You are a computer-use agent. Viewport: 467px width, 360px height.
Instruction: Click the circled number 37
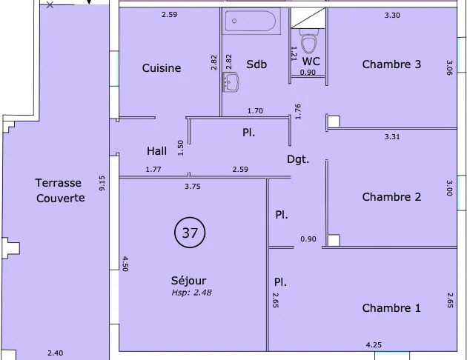click(x=190, y=233)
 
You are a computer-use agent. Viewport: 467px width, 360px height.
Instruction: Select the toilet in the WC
click(x=308, y=41)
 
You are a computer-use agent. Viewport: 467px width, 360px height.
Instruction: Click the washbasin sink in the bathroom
click(x=231, y=81)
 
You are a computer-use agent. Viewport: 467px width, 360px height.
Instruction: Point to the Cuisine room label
click(x=162, y=68)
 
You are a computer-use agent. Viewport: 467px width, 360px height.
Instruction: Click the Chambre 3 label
click(x=391, y=64)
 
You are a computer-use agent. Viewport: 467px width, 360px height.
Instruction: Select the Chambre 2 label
click(x=391, y=197)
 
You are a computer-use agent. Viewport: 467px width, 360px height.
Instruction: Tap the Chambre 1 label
click(x=391, y=308)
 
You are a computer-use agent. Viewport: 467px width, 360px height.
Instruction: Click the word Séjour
click(x=188, y=280)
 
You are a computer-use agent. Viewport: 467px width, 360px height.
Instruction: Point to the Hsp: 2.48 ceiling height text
click(x=191, y=293)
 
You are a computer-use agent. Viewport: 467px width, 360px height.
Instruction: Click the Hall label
click(x=156, y=151)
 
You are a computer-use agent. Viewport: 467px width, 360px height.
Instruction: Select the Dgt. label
click(x=298, y=159)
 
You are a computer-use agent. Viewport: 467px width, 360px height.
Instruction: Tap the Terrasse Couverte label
click(x=60, y=190)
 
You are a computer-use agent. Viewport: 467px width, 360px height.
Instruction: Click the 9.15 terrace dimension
click(x=102, y=183)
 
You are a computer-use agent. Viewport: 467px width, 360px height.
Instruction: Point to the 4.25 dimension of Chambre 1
click(x=374, y=345)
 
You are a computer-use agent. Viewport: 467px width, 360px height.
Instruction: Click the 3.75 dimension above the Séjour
click(x=193, y=187)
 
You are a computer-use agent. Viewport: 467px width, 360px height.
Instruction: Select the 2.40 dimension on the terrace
click(x=56, y=353)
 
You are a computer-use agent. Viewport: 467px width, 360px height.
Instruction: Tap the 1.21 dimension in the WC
click(x=294, y=53)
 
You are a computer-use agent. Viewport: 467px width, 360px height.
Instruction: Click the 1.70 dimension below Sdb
click(x=255, y=111)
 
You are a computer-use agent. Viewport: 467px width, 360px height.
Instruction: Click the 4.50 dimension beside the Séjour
click(x=125, y=264)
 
